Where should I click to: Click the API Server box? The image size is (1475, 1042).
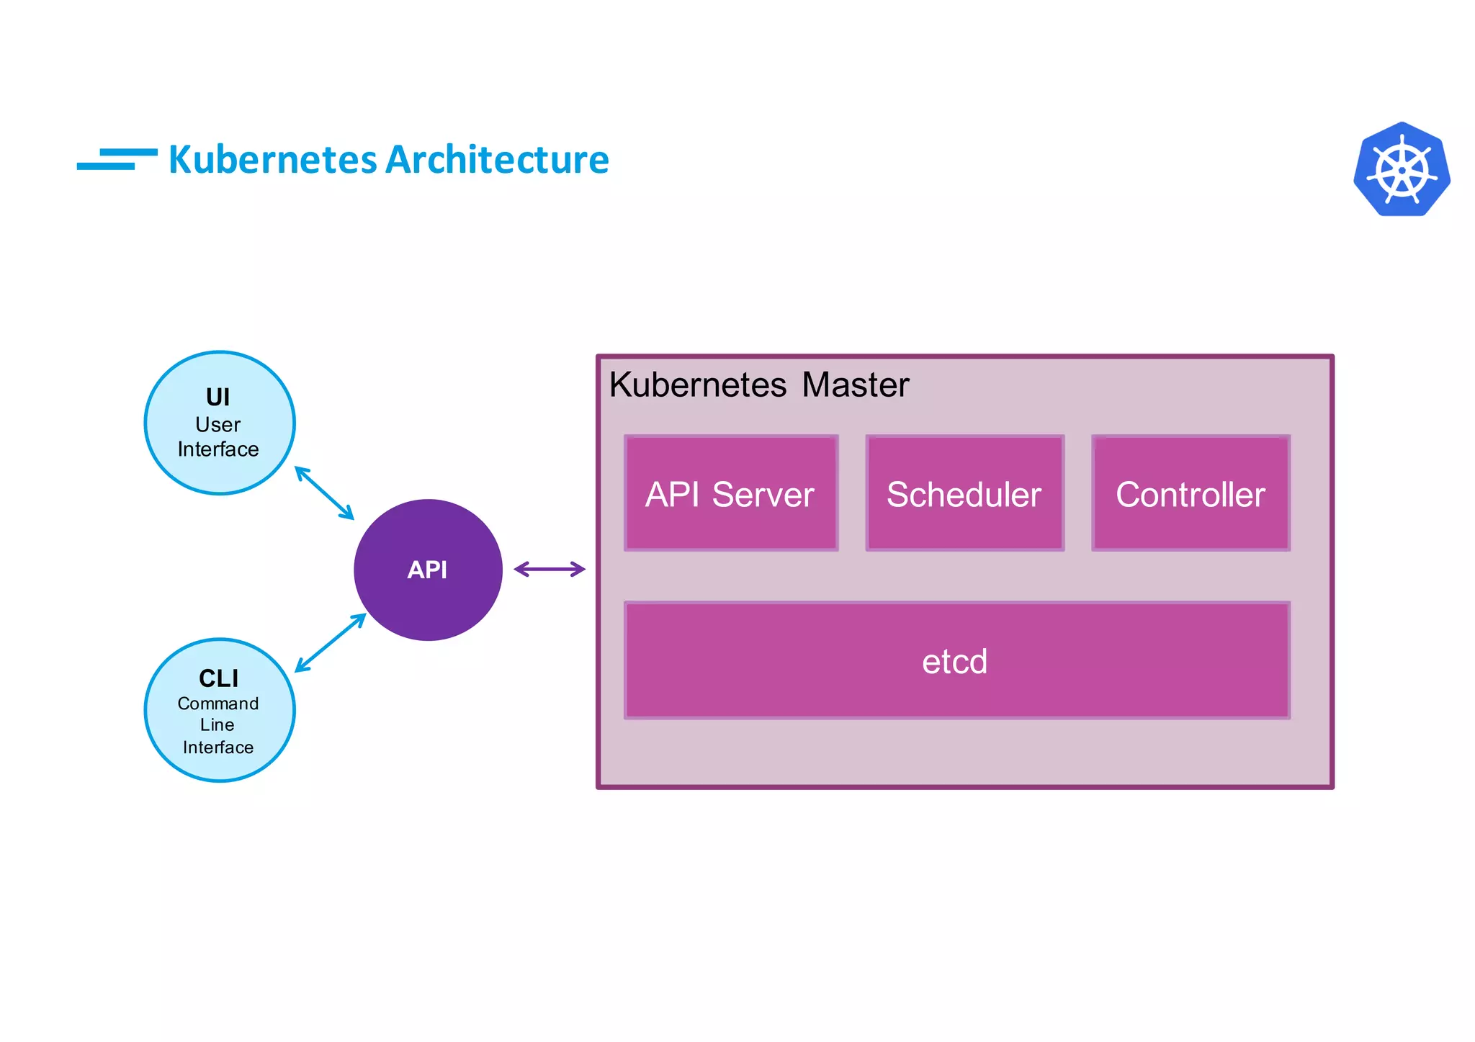(x=731, y=494)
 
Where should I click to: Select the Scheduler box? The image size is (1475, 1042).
(x=964, y=494)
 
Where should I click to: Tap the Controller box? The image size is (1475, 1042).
(x=1191, y=494)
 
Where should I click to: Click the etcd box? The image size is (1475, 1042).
(x=956, y=660)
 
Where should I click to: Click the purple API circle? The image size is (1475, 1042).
(x=428, y=570)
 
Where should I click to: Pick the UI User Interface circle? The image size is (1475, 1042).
(x=220, y=423)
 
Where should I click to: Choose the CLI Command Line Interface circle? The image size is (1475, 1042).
(x=220, y=710)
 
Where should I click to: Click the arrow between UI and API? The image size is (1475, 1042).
(x=325, y=493)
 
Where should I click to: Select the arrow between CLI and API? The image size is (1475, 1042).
(x=331, y=642)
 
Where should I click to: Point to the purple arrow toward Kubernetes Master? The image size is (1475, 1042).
(x=550, y=570)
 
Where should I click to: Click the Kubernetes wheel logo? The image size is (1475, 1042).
(x=1402, y=170)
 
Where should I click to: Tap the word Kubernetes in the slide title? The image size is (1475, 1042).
(x=272, y=160)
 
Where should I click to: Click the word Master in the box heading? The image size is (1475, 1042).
(x=855, y=385)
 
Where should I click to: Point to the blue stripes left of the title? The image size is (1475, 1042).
(x=117, y=159)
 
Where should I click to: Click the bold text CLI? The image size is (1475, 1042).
(x=218, y=678)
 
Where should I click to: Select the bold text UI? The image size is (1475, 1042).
(x=218, y=397)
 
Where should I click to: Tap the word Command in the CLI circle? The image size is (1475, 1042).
(x=218, y=704)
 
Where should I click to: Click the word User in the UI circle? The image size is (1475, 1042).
(x=218, y=425)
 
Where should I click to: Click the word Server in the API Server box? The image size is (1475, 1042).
(x=763, y=495)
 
